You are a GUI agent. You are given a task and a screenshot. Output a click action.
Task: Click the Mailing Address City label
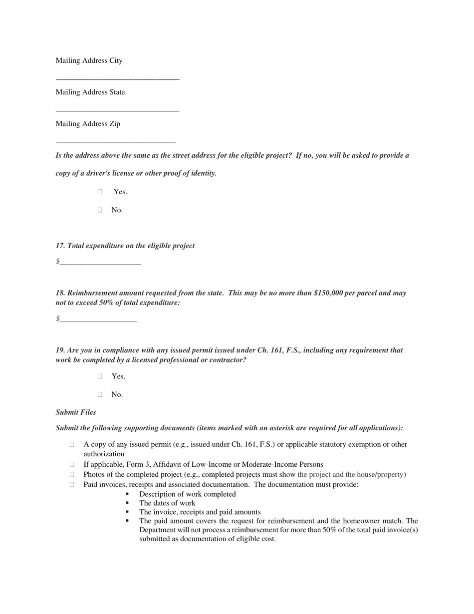pos(89,60)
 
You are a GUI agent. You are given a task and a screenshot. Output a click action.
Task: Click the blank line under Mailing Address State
pos(117,110)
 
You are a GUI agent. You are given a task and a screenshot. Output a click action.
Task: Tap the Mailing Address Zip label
pos(88,124)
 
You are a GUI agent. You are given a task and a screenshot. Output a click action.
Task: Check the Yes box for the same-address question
pos(100,192)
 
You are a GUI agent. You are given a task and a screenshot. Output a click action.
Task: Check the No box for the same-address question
pos(100,210)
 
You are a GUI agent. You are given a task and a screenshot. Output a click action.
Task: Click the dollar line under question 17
pos(100,263)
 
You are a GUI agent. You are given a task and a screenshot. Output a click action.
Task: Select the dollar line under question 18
pos(98,320)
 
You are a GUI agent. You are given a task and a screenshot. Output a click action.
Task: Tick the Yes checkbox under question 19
pos(100,376)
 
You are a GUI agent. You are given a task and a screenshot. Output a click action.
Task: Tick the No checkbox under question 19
pos(100,394)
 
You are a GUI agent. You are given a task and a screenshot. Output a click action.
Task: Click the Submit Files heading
pos(76,412)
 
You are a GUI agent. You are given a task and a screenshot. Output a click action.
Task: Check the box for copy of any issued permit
pos(72,444)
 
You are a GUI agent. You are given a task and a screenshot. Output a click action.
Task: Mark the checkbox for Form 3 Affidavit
pos(72,464)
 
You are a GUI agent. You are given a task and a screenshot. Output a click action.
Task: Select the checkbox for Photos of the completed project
pos(72,474)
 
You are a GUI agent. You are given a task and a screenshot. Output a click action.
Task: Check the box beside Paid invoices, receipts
pos(72,484)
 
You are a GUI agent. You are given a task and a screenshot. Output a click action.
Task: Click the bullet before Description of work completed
pos(127,494)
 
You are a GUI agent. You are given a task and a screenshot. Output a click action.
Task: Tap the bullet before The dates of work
pos(127,503)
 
